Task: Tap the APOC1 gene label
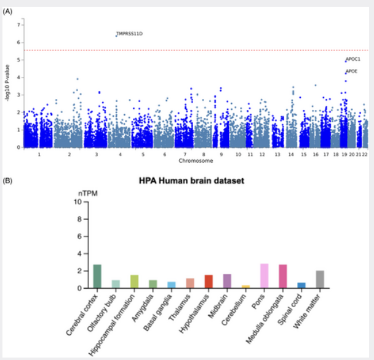click(353, 60)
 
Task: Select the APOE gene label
click(352, 71)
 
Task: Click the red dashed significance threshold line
click(185, 50)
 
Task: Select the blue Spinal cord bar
click(301, 285)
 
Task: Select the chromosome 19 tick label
click(343, 155)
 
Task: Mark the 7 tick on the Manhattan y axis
click(20, 25)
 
